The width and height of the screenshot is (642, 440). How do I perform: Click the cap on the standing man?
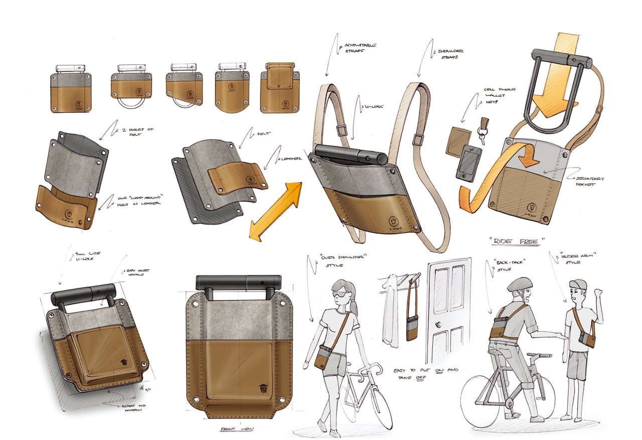[x=577, y=284]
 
